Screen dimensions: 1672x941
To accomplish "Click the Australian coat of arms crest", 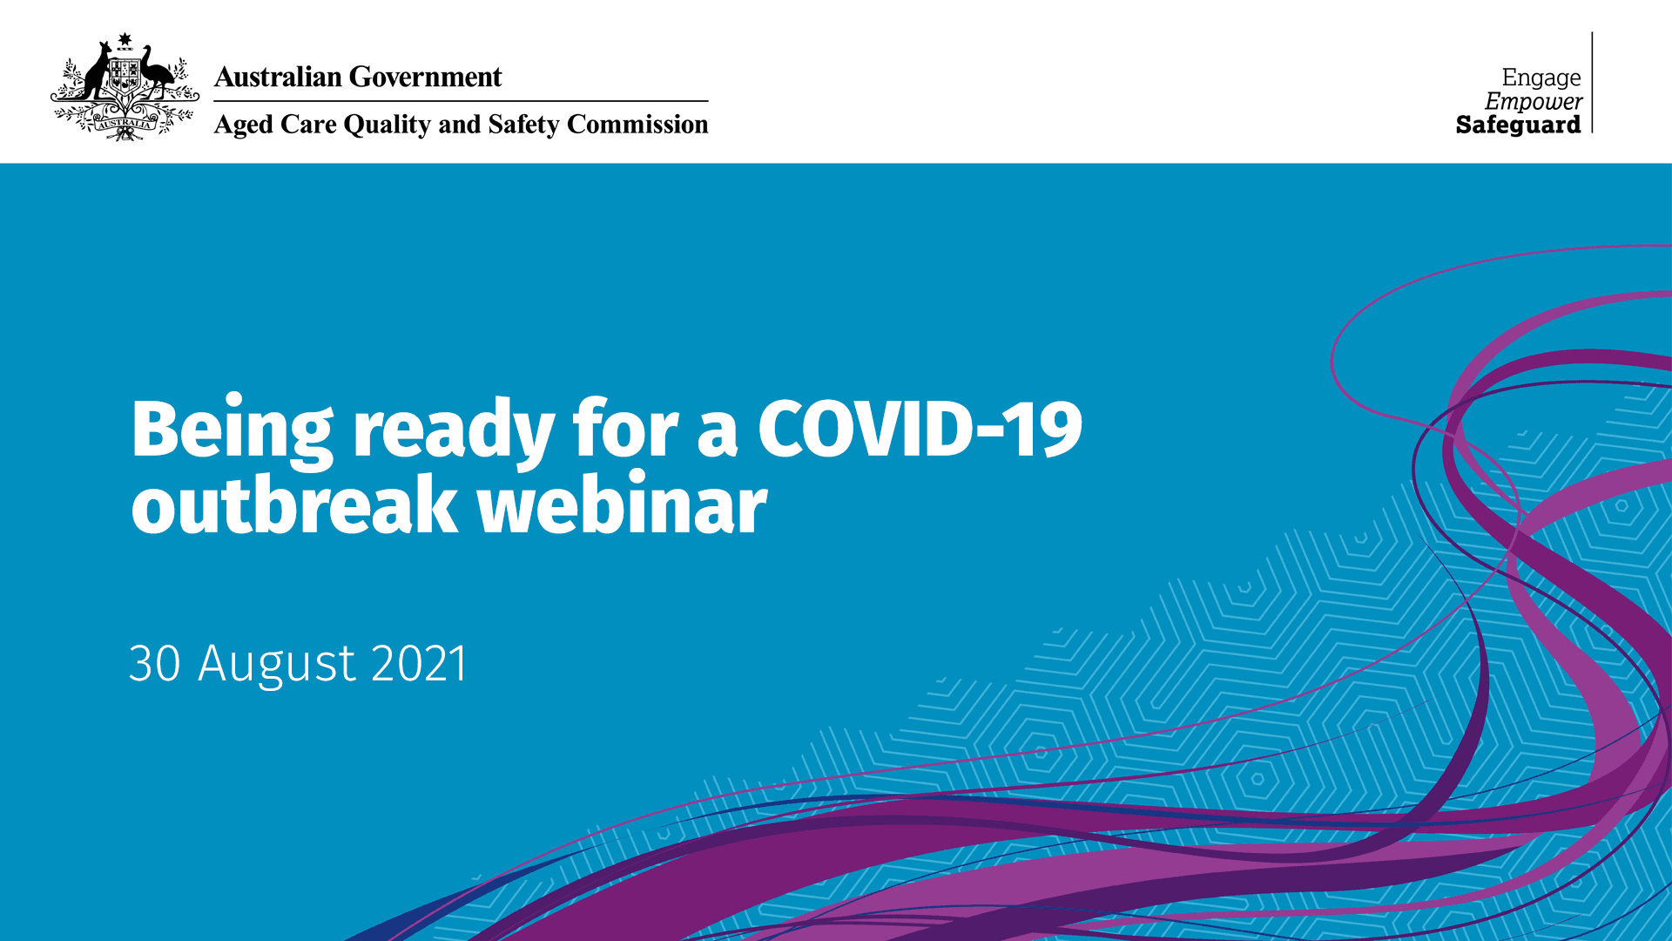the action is pyautogui.click(x=125, y=87).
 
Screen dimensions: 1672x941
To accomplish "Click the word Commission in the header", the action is pyautogui.click(x=637, y=125).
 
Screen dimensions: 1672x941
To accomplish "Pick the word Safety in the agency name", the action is pyautogui.click(x=523, y=125).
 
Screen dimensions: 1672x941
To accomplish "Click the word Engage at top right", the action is pyautogui.click(x=1541, y=78).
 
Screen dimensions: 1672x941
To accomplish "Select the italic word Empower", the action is pyautogui.click(x=1534, y=102).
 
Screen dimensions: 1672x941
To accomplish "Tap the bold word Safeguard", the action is pyautogui.click(x=1519, y=125).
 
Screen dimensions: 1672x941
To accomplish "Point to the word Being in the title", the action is pyautogui.click(x=233, y=430).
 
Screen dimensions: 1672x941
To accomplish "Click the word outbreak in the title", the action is pyautogui.click(x=294, y=504).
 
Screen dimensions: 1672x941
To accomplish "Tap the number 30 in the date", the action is pyautogui.click(x=155, y=663).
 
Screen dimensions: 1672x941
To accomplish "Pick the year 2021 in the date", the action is pyautogui.click(x=420, y=663).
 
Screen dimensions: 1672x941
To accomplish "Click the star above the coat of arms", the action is pyautogui.click(x=125, y=38).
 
